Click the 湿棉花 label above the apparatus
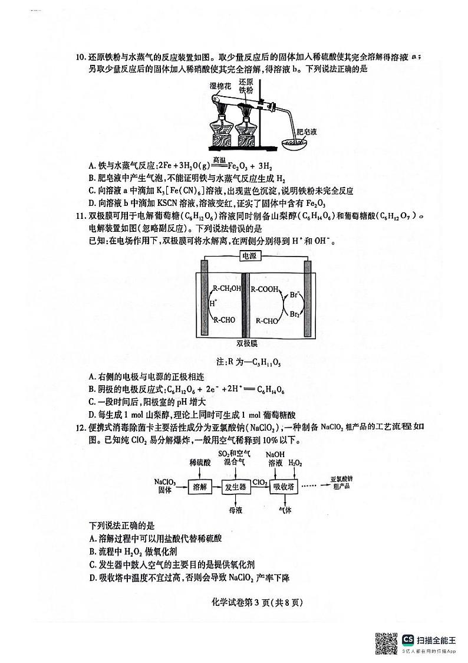click(x=221, y=86)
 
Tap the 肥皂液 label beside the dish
click(x=307, y=132)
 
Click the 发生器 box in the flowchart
click(x=236, y=487)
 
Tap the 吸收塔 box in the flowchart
click(x=284, y=487)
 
